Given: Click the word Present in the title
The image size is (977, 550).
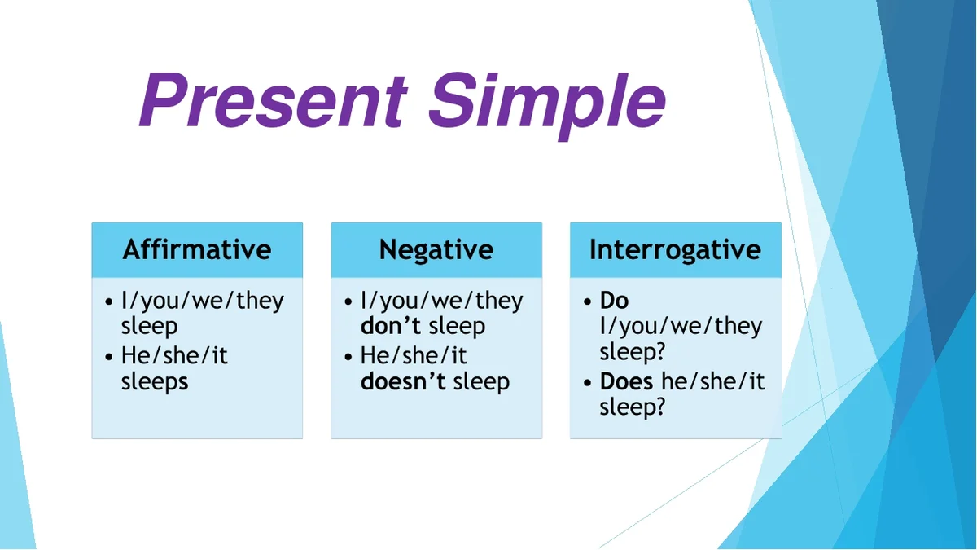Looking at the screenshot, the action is pos(274,100).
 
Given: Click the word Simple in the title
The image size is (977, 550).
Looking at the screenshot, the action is pos(547,106).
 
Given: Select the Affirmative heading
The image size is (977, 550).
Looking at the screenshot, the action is pos(197,250).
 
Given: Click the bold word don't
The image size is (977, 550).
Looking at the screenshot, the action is pos(391,326).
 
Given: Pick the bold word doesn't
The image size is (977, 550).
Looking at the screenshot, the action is pos(403,381).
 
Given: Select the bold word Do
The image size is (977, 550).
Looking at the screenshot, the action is pos(614,301).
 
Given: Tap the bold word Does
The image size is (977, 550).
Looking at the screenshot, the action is pos(626,381).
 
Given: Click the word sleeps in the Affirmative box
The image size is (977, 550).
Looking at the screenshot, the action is pos(155,382).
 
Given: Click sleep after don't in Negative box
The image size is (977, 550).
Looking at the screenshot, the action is pos(457,327).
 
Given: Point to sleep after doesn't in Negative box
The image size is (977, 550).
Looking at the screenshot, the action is pos(481,382).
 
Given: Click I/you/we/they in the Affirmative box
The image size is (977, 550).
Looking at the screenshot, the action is pos(203,301).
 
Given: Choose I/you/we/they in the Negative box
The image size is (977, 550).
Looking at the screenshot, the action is pos(442,301).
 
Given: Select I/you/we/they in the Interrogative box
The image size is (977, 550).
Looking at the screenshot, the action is pos(681,327).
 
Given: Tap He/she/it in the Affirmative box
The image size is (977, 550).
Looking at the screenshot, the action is pos(174,356).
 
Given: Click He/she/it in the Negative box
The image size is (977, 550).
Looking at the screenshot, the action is pos(414,356).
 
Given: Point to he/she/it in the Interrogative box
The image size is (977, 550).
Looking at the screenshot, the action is pos(712,381).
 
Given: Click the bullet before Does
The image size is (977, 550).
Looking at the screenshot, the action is pos(588,383).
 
